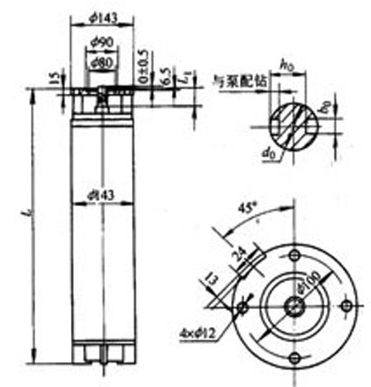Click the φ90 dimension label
pyautogui.click(x=102, y=42)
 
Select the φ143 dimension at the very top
pyautogui.click(x=103, y=18)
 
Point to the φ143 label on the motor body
pyautogui.click(x=102, y=195)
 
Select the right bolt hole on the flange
pyautogui.click(x=345, y=306)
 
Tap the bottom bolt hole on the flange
pyautogui.click(x=294, y=358)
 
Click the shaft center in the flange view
pyautogui.click(x=294, y=306)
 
